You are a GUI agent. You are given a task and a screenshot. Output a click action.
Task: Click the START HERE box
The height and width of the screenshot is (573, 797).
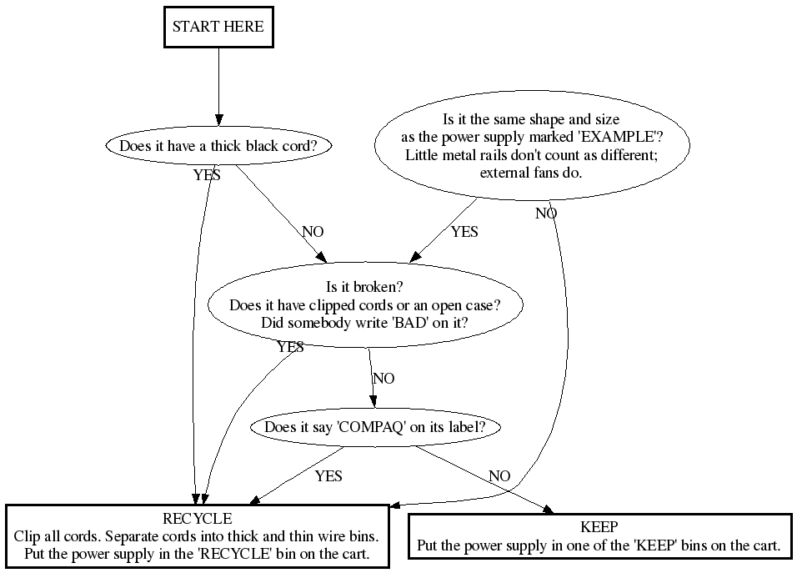pyautogui.click(x=218, y=27)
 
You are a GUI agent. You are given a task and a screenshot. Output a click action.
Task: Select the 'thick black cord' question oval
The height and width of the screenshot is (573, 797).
pyautogui.click(x=218, y=146)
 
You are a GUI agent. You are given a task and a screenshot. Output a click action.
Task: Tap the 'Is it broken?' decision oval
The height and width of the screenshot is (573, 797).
pyautogui.click(x=364, y=305)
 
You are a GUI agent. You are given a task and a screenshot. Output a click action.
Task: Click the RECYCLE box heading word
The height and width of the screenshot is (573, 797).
pyautogui.click(x=198, y=520)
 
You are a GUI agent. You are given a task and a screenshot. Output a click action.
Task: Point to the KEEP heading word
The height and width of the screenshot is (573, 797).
pyautogui.click(x=599, y=527)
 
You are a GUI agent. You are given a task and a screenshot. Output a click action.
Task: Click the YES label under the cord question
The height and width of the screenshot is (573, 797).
pyautogui.click(x=207, y=175)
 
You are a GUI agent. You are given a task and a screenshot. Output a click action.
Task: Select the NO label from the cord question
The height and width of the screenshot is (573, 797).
pyautogui.click(x=313, y=231)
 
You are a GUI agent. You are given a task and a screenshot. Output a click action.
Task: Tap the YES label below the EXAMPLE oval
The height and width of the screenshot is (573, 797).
pyautogui.click(x=464, y=232)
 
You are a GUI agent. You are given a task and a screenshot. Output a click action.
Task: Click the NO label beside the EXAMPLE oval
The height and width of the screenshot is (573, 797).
pyautogui.click(x=546, y=214)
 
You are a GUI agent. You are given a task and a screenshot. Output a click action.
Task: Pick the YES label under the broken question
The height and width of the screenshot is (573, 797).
pyautogui.click(x=290, y=347)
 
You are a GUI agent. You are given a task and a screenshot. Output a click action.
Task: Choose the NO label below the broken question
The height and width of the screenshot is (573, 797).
pyautogui.click(x=383, y=379)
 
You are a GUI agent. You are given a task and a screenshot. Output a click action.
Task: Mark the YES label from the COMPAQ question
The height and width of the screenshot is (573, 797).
pyautogui.click(x=328, y=476)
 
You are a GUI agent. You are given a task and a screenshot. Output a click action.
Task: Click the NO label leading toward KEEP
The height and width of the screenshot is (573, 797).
pyautogui.click(x=499, y=476)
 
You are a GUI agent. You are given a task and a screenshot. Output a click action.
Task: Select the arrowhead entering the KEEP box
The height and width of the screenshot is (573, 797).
pyautogui.click(x=547, y=510)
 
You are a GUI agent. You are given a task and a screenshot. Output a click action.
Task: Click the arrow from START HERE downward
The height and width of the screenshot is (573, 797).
pyautogui.click(x=218, y=83)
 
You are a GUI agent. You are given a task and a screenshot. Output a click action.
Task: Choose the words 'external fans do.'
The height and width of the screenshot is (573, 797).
pyautogui.click(x=531, y=173)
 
